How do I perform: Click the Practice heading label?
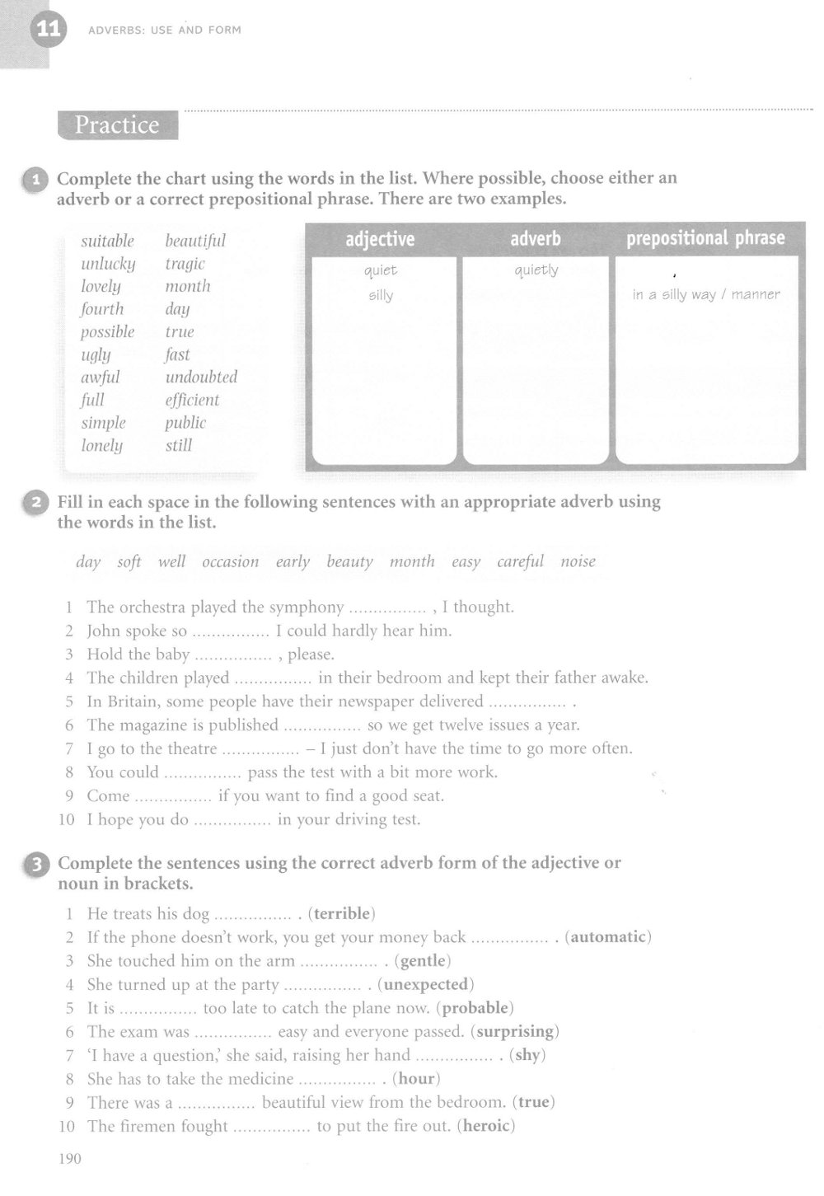click(117, 125)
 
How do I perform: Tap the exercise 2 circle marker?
click(37, 503)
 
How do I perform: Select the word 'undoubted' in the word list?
click(201, 378)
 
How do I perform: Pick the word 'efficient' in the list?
click(192, 401)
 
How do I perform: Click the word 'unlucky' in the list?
click(108, 264)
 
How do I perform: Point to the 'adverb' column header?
click(536, 239)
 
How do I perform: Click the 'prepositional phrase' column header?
click(705, 238)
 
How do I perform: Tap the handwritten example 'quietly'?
click(536, 270)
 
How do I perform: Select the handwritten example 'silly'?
click(381, 295)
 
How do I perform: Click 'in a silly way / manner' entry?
click(706, 294)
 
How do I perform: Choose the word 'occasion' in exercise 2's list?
click(231, 562)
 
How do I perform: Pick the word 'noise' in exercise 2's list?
click(578, 562)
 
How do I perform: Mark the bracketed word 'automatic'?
click(608, 937)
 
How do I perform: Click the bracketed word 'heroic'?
click(486, 1126)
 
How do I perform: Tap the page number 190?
click(70, 1159)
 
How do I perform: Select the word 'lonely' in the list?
click(101, 446)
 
